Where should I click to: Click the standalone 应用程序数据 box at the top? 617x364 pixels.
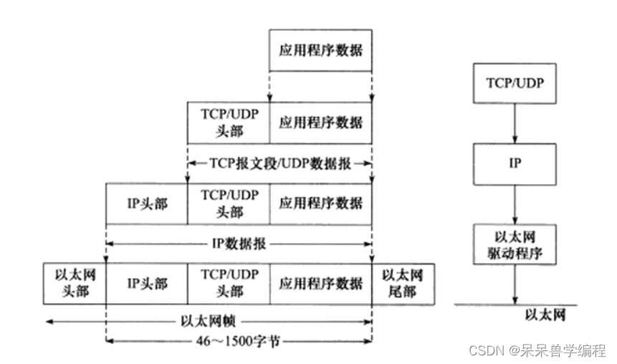[320, 51]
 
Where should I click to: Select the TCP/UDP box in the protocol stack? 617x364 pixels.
[515, 82]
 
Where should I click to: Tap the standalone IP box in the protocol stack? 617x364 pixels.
[515, 163]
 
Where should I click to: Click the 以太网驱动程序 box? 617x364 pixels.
[515, 245]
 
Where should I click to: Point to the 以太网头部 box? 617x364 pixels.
[75, 283]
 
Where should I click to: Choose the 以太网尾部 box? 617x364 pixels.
[402, 283]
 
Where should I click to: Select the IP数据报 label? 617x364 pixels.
[240, 244]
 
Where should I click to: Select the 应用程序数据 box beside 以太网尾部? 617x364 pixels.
[320, 283]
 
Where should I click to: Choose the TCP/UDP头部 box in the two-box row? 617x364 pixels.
[228, 123]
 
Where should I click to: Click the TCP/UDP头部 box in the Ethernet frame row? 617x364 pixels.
[228, 283]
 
